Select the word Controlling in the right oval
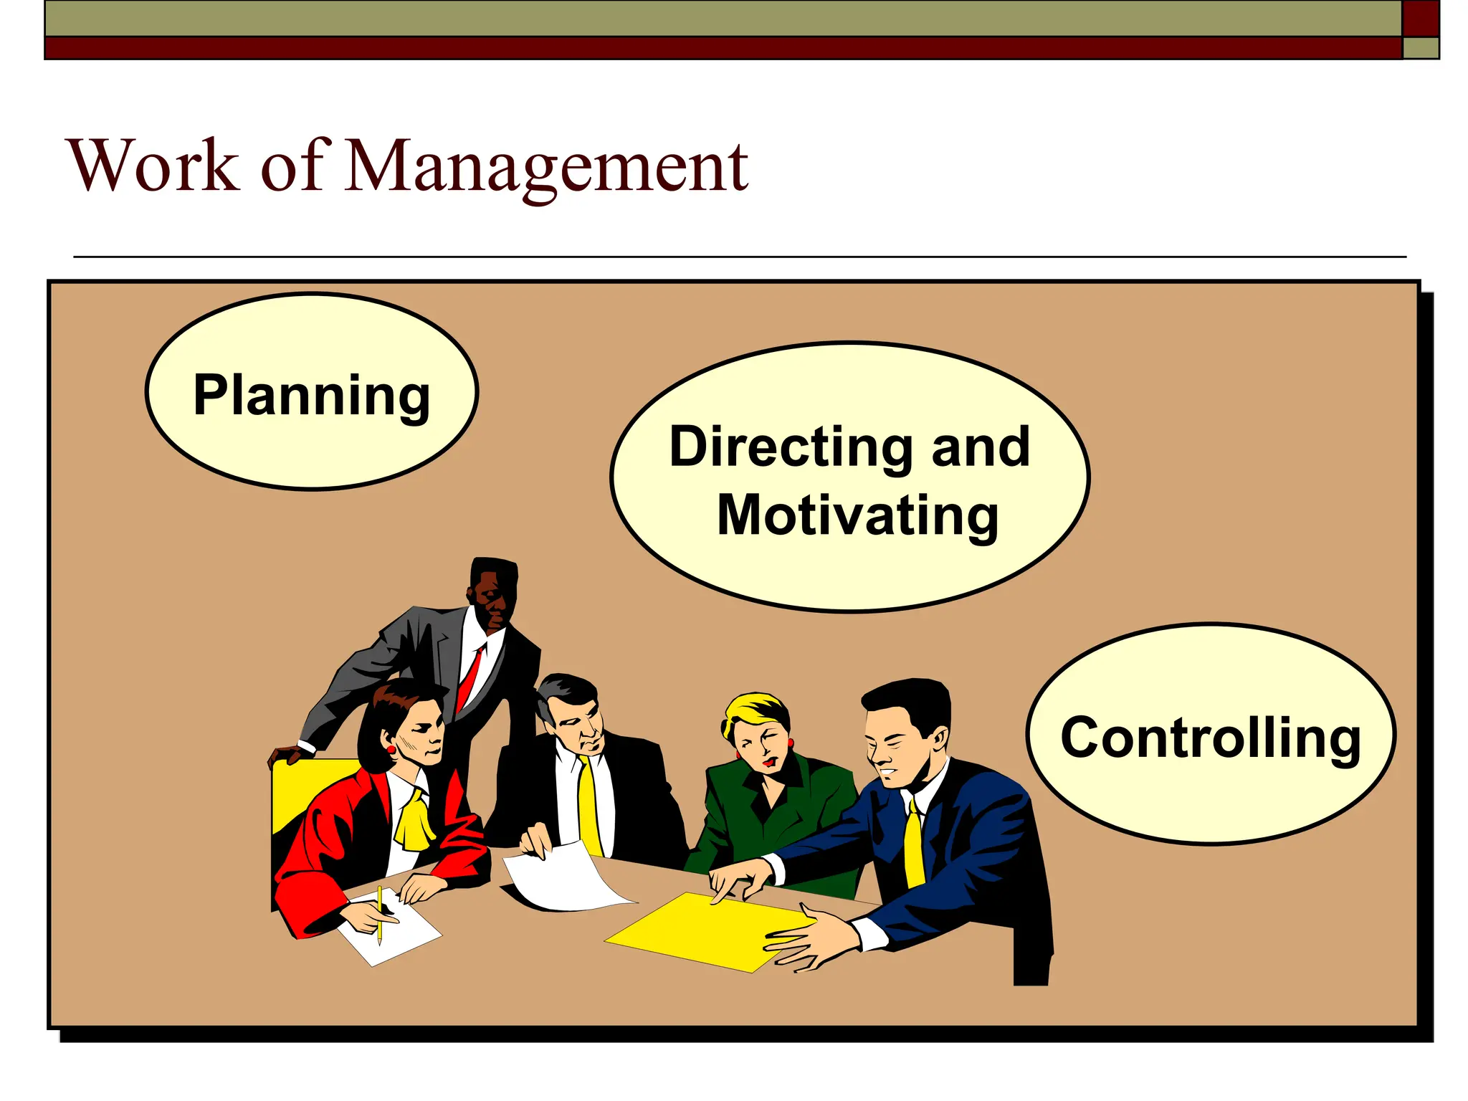(x=1211, y=738)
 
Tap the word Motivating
(x=858, y=515)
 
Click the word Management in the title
(x=546, y=166)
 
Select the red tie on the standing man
(x=470, y=677)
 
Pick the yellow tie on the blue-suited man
(x=914, y=846)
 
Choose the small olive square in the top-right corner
(x=1420, y=48)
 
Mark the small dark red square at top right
(x=1420, y=18)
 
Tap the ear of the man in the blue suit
(x=938, y=738)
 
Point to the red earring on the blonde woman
(x=791, y=743)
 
